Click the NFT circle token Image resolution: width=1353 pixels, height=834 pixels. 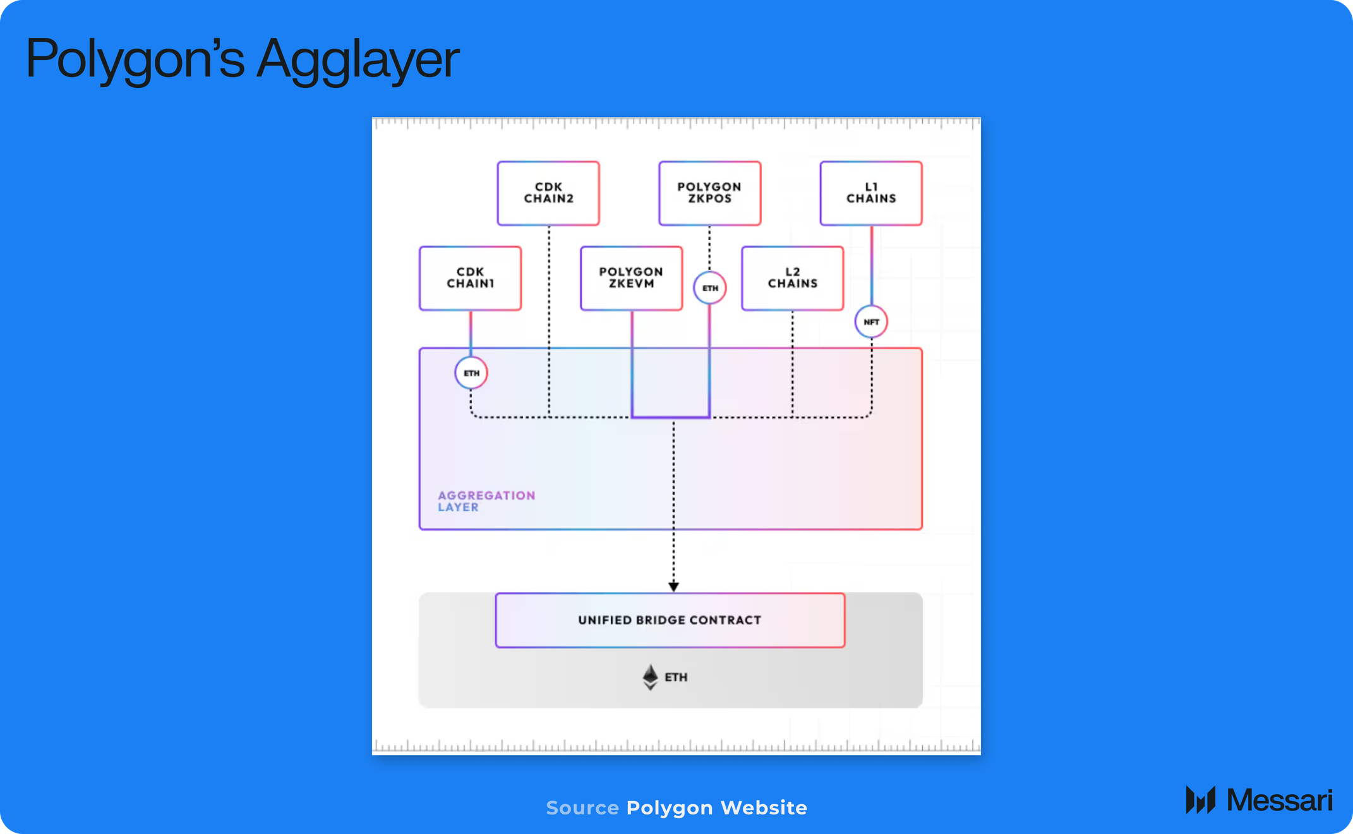(871, 322)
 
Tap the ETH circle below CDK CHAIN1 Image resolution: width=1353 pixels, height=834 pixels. (471, 373)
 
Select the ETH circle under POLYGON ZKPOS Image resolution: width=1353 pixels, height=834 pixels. (710, 288)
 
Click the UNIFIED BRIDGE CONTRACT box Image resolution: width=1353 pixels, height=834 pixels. (670, 620)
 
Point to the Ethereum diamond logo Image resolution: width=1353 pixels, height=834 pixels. (650, 677)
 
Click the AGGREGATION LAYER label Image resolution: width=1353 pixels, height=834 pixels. (486, 501)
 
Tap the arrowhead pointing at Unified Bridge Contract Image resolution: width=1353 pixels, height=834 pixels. (673, 587)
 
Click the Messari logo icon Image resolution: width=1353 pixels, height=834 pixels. (1200, 800)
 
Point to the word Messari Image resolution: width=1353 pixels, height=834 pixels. (1279, 800)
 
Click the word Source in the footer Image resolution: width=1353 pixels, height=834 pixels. (582, 807)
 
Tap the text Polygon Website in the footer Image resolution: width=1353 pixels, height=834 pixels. (717, 807)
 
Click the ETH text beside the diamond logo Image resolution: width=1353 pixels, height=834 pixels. (676, 677)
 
